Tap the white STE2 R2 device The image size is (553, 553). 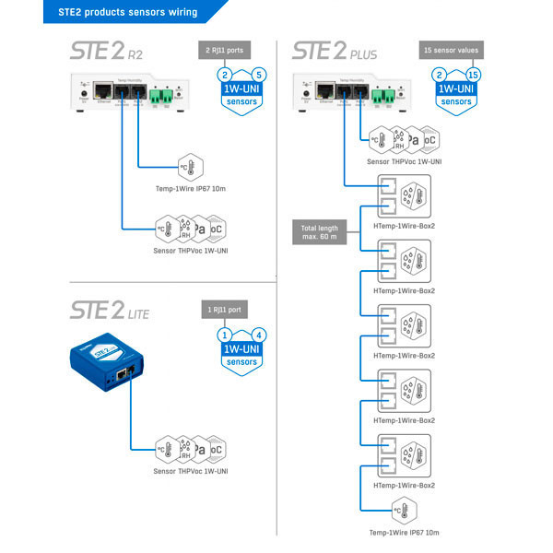coord(135,91)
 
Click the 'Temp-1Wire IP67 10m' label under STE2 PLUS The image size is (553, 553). coord(404,532)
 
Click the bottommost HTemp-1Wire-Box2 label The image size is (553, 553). coord(404,485)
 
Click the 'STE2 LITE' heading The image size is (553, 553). coord(109,312)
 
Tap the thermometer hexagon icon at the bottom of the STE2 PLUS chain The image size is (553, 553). coord(405,509)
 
